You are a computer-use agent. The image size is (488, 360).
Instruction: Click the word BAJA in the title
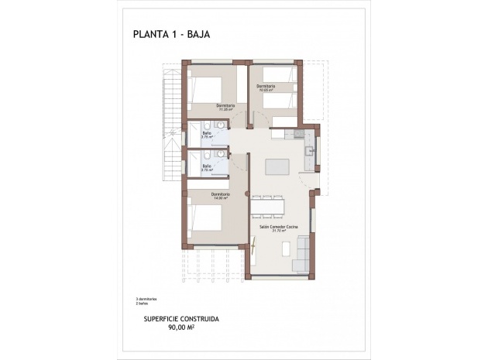point(194,33)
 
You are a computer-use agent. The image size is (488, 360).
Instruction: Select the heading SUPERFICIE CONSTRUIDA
point(181,318)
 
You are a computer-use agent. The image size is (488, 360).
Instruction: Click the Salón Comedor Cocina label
point(277,227)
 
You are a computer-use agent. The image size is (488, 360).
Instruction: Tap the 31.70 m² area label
point(277,231)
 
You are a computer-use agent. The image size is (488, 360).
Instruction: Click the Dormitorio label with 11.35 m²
point(225,106)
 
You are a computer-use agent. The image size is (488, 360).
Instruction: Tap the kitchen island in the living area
point(276,167)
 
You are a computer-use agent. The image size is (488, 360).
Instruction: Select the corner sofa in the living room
point(302,255)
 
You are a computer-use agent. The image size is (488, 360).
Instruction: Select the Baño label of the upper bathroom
point(207,133)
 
